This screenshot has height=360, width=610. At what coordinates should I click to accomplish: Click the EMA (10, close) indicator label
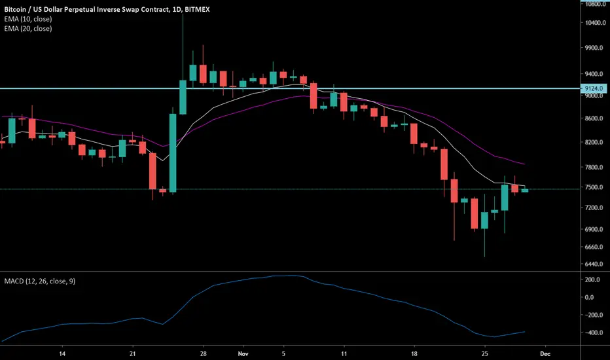[x=28, y=19]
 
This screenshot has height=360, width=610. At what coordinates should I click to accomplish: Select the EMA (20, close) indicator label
[x=28, y=28]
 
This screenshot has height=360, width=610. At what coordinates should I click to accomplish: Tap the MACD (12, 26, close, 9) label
[x=40, y=281]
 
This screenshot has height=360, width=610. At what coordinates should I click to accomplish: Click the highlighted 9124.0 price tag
[x=594, y=88]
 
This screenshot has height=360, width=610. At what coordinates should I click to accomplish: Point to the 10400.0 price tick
[x=596, y=22]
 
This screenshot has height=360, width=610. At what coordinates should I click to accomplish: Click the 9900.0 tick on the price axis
[x=594, y=48]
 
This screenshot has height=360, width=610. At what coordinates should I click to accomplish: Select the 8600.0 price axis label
[x=594, y=118]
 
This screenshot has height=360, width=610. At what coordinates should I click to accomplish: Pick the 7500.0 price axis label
[x=594, y=187]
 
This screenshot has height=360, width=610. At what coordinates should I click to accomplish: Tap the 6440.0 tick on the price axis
[x=594, y=264]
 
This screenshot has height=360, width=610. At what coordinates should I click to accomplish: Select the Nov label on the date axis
[x=243, y=353]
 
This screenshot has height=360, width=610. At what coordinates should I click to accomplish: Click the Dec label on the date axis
[x=545, y=353]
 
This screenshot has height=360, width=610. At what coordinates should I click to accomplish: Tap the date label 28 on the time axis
[x=203, y=353]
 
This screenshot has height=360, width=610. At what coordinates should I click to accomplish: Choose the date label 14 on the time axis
[x=62, y=353]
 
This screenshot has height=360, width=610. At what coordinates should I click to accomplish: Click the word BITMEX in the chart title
[x=197, y=9]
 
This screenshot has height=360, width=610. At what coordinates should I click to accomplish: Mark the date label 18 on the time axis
[x=414, y=353]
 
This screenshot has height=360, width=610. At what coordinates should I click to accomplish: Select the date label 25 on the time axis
[x=485, y=353]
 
